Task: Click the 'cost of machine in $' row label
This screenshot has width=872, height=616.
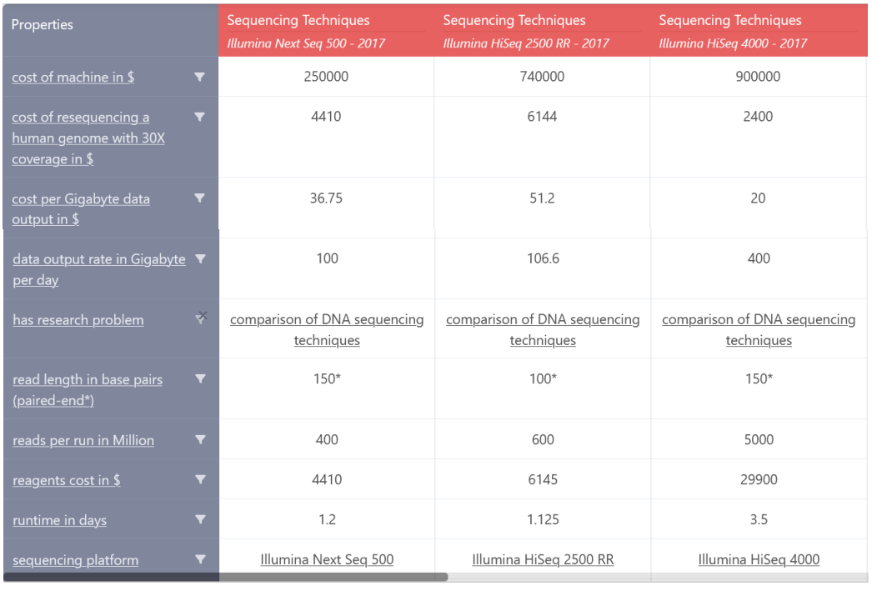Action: pyautogui.click(x=73, y=78)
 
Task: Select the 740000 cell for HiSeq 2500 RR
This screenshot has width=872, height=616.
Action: pyautogui.click(x=542, y=77)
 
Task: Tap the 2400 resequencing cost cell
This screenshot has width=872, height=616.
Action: pyautogui.click(x=758, y=117)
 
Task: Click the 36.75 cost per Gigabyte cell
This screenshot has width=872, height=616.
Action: pyautogui.click(x=326, y=198)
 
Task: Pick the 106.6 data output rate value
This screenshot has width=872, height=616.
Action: pyautogui.click(x=543, y=258)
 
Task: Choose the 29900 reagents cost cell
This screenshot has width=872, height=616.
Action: pyautogui.click(x=759, y=480)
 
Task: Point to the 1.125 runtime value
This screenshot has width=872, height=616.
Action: pyautogui.click(x=543, y=520)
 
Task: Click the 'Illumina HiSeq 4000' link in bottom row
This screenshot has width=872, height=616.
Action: pyautogui.click(x=759, y=560)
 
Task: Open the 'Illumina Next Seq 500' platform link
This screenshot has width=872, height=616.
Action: pyautogui.click(x=327, y=560)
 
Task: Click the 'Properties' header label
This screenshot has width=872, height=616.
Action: pyautogui.click(x=43, y=25)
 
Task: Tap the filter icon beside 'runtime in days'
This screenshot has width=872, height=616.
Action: pyautogui.click(x=200, y=519)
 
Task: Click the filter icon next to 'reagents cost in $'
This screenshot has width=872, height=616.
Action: pyautogui.click(x=200, y=479)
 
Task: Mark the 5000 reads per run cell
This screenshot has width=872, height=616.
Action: pyautogui.click(x=759, y=440)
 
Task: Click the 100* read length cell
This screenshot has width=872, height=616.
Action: pyautogui.click(x=543, y=379)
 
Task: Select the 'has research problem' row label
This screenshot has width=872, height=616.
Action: pyautogui.click(x=78, y=320)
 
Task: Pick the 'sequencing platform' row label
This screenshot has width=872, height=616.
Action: pyautogui.click(x=76, y=560)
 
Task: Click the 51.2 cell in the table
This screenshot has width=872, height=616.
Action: pyautogui.click(x=542, y=198)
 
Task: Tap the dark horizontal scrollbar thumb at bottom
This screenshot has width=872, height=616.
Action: pyautogui.click(x=225, y=577)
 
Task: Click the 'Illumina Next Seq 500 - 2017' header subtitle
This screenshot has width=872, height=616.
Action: pyautogui.click(x=306, y=43)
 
